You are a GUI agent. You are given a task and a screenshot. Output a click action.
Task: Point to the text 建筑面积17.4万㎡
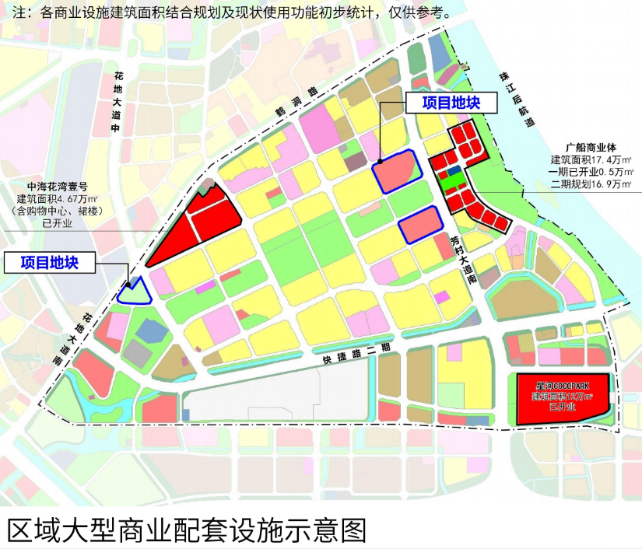(596, 159)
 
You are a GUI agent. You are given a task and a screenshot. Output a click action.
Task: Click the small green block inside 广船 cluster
(451, 183)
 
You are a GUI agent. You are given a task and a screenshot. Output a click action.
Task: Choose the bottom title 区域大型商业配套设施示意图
(187, 530)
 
